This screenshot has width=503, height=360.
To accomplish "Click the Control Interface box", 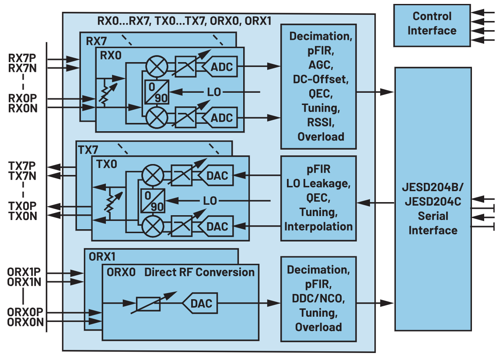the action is pos(432,25).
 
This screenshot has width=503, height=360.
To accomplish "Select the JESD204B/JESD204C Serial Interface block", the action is pos(433,199).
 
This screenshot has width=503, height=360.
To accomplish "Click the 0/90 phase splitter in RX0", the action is pos(157,92).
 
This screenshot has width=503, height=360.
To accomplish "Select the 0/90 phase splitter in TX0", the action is pos(153,201).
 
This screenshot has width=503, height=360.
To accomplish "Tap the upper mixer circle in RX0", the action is pos(157,67).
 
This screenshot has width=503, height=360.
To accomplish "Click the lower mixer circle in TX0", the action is pos(153,226).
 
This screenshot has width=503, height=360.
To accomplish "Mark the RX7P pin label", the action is pos(22,58).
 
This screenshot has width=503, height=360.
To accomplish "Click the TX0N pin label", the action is pos(23,216).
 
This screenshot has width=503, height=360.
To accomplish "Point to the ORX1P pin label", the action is pos(24,272).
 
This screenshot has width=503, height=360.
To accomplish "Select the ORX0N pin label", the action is pos(25,322).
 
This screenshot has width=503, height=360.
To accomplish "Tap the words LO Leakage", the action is pos(318,183).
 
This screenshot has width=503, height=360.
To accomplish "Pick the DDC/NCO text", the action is pos(318,298).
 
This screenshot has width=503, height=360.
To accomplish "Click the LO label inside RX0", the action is pos(214,92).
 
